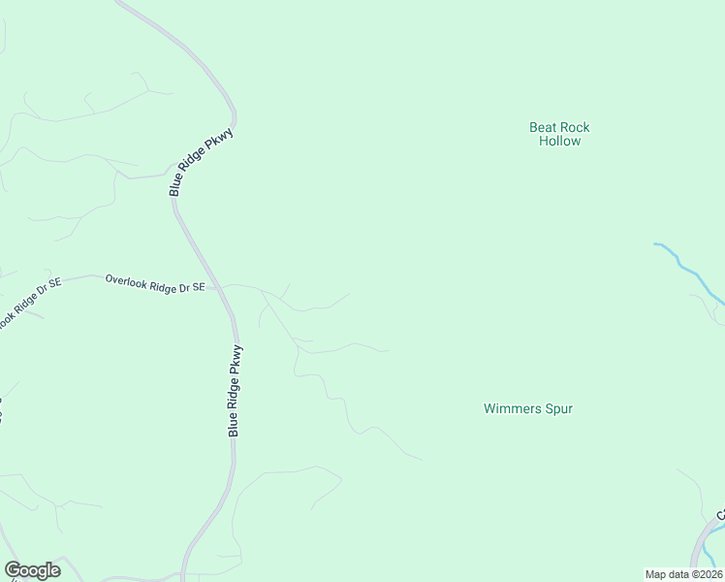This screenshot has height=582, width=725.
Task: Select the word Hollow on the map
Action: (x=559, y=142)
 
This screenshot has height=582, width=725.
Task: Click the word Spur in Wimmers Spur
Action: (x=558, y=409)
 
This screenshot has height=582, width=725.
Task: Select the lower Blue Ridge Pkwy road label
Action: (x=234, y=390)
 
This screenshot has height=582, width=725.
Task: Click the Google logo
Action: (x=32, y=570)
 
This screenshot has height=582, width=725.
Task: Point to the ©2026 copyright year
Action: (x=706, y=574)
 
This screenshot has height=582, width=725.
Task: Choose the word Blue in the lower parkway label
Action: (x=234, y=426)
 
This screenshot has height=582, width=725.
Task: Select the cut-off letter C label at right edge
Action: (x=721, y=514)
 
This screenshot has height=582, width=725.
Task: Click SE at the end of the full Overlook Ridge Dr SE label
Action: (x=198, y=287)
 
